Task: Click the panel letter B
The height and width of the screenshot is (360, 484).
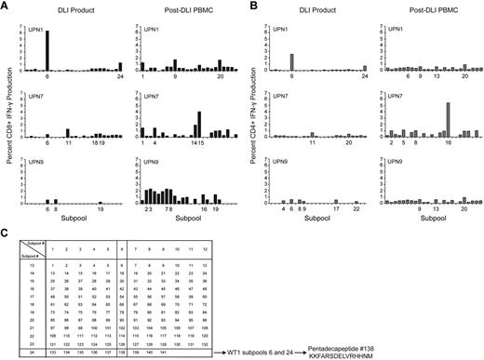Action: point(254,7)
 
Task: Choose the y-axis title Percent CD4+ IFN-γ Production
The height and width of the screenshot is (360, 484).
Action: point(257,112)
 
